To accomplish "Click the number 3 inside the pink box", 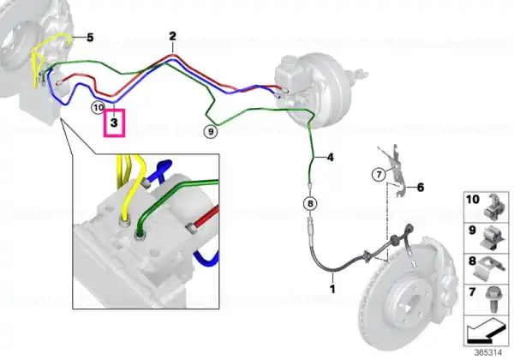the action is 114,123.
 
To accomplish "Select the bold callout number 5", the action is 90,38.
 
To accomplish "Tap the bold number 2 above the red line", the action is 173,36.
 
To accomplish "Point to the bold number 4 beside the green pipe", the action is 330,158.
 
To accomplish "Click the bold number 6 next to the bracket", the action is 421,188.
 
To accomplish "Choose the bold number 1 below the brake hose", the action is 332,289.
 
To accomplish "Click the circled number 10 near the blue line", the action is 99,107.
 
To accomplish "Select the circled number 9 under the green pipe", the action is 211,132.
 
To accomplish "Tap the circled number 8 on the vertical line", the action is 310,204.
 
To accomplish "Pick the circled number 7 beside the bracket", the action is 380,174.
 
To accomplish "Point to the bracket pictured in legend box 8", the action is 489,268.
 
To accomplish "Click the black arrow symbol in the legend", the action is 486,331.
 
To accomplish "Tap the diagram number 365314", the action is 488,353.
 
